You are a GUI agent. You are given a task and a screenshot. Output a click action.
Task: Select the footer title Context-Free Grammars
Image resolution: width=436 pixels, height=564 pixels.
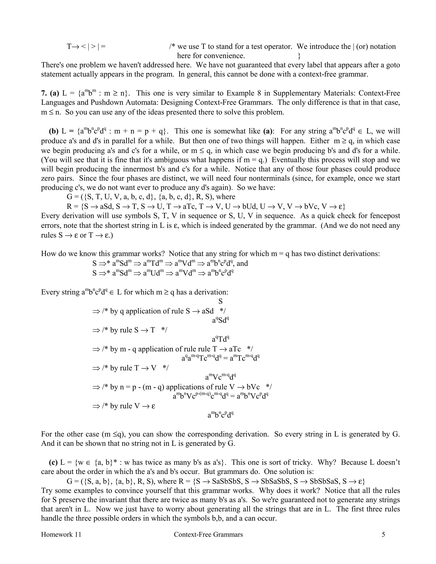coord(208,534)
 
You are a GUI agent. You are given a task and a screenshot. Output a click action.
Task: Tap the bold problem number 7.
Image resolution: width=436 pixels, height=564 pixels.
coord(44,93)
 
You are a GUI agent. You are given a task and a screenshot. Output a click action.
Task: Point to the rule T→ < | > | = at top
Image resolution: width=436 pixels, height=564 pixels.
coord(86,46)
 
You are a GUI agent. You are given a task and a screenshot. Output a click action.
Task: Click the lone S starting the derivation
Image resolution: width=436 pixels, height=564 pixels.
coord(220,301)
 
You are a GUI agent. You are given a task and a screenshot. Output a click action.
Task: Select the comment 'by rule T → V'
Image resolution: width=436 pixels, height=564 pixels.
coord(135,368)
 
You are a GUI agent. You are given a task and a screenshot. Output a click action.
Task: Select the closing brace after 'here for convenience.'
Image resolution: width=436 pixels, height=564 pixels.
coord(299,56)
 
